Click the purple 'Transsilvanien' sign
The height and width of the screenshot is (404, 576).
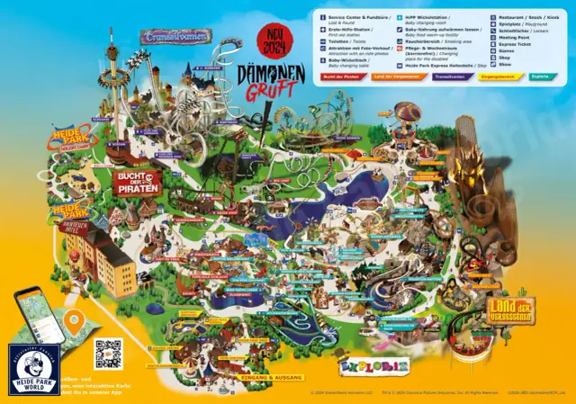pyautogui.click(x=175, y=36)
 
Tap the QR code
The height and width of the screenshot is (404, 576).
pyautogui.click(x=108, y=354)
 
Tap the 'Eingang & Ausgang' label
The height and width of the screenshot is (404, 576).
pyautogui.click(x=274, y=378)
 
